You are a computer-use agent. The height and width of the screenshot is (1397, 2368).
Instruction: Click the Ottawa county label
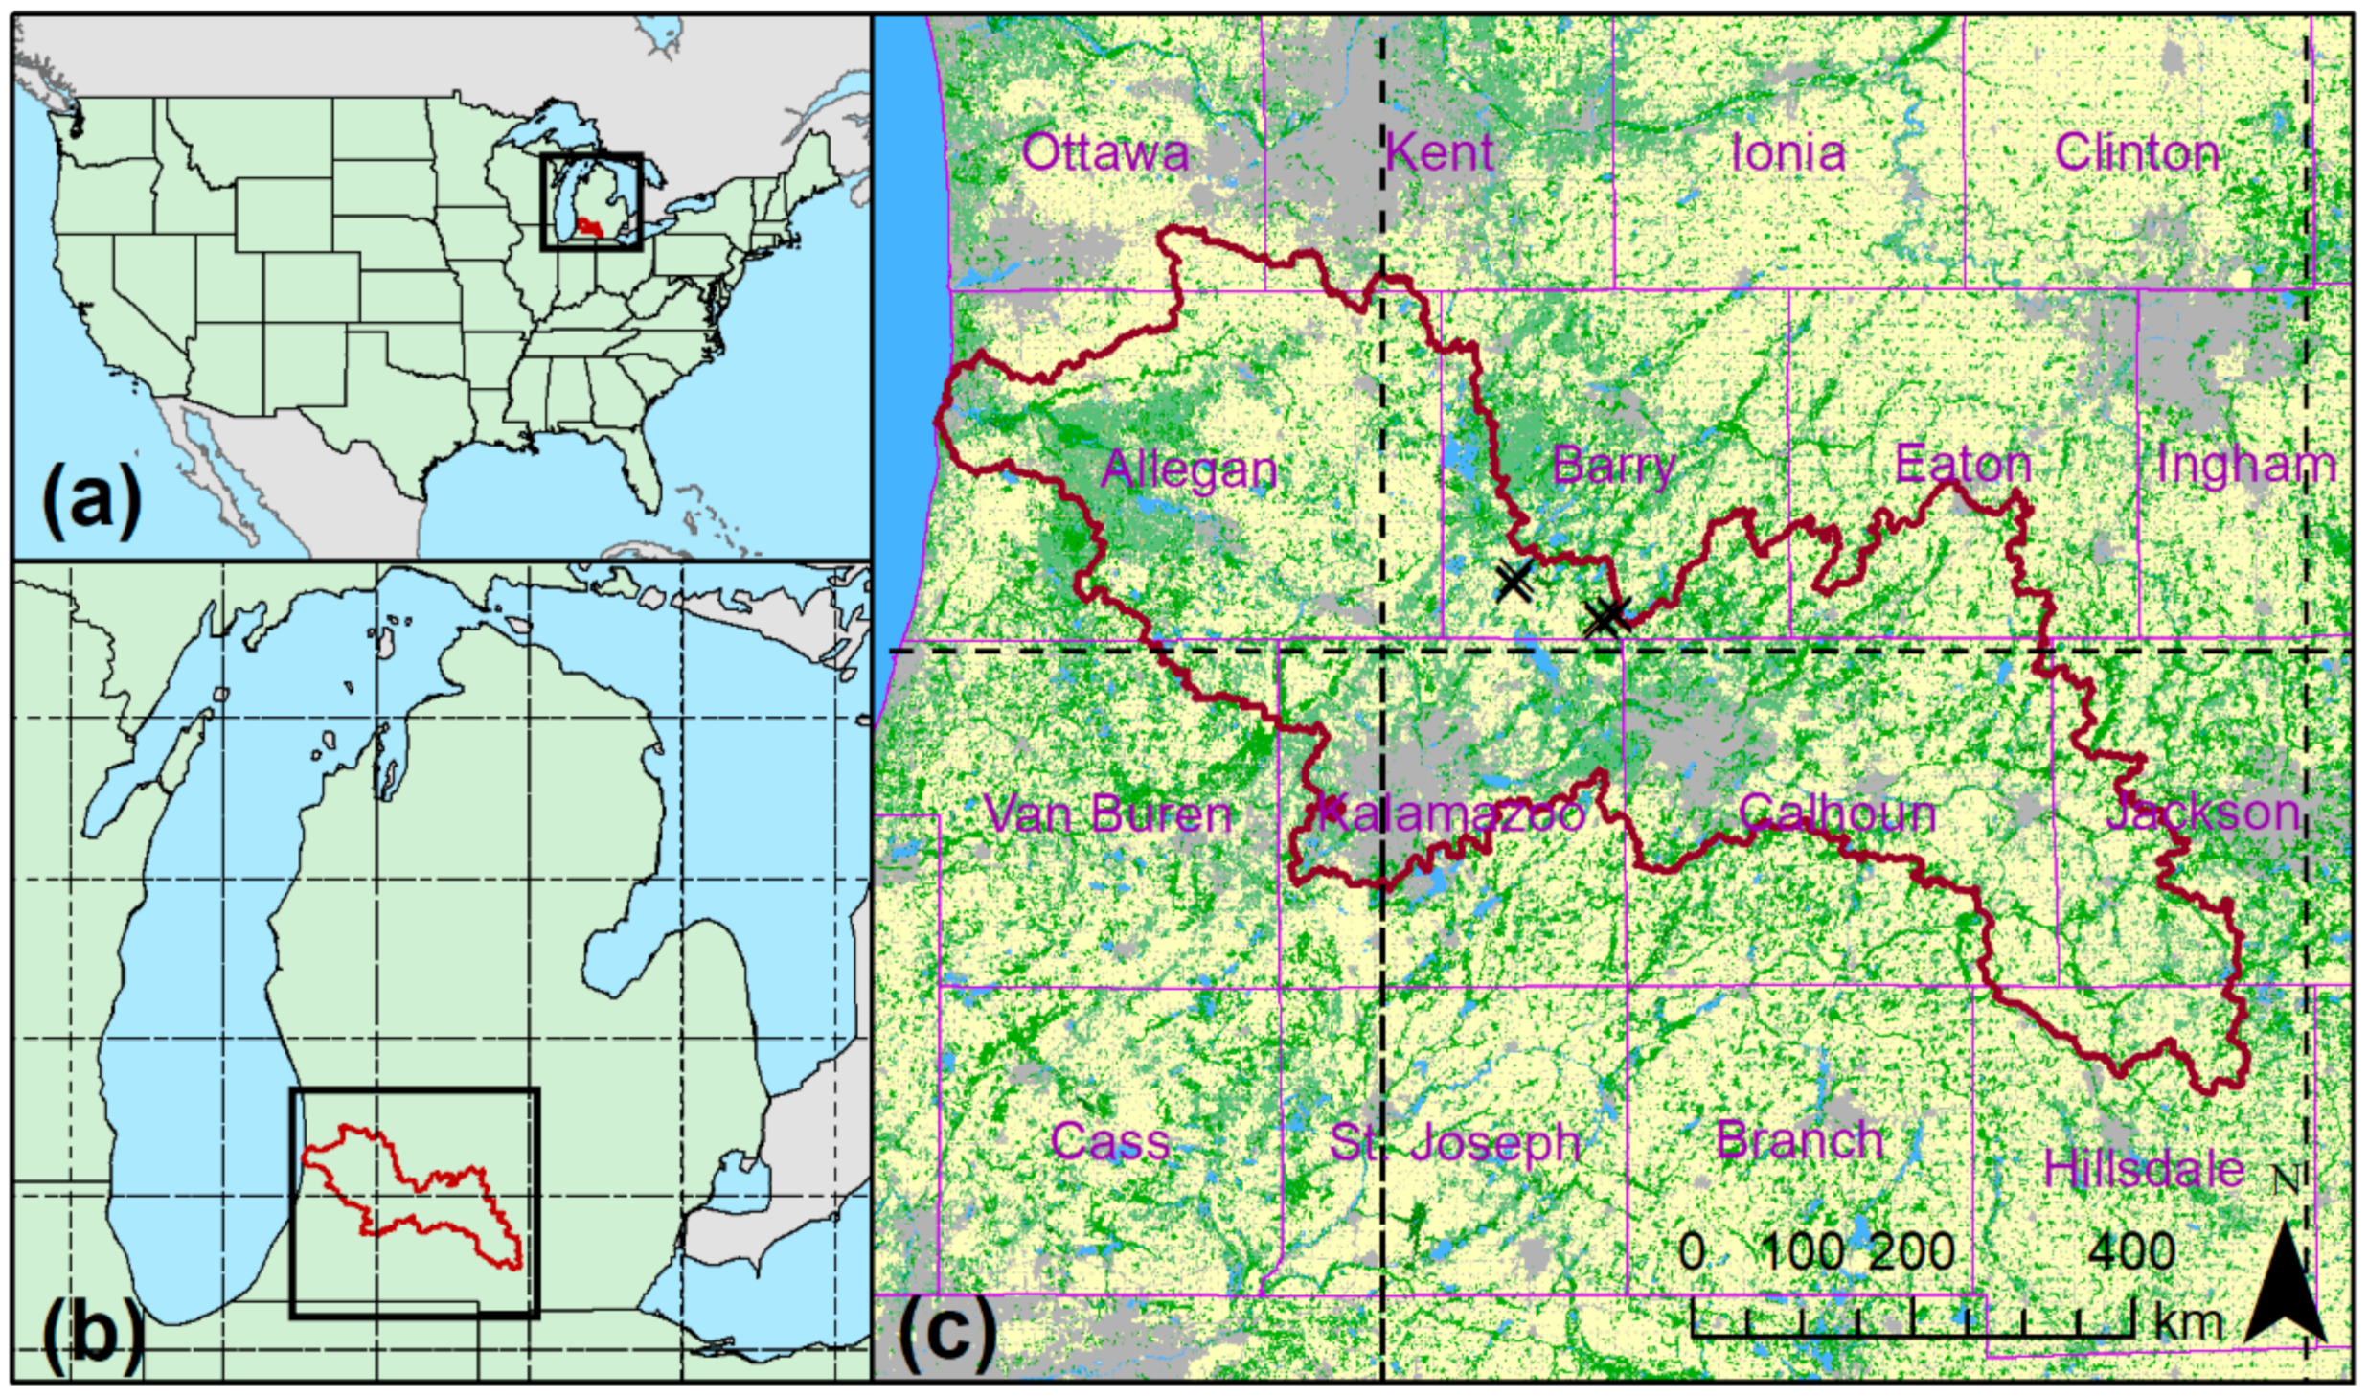[x=1105, y=153]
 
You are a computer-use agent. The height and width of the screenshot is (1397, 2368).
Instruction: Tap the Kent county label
[x=1439, y=153]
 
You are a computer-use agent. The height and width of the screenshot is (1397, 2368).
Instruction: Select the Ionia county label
[x=1788, y=153]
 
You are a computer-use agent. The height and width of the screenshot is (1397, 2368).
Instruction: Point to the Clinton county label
[x=2136, y=153]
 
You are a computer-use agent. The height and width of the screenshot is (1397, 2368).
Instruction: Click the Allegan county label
[x=1189, y=469]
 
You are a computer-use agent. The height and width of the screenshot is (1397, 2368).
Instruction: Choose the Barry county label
[x=1613, y=466]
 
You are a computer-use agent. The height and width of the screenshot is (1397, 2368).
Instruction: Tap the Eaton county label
[x=1963, y=466]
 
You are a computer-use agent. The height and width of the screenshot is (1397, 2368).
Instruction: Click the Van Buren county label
[x=1108, y=814]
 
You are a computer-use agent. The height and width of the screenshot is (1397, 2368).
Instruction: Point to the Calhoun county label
[x=1836, y=814]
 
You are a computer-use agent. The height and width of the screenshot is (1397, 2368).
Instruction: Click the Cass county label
[x=1110, y=1141]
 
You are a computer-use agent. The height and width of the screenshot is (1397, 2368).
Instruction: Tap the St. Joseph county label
[x=1454, y=1143]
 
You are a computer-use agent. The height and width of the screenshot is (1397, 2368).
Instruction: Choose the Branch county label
[x=1799, y=1140]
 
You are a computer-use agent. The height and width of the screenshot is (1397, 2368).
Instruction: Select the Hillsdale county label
[x=2144, y=1169]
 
